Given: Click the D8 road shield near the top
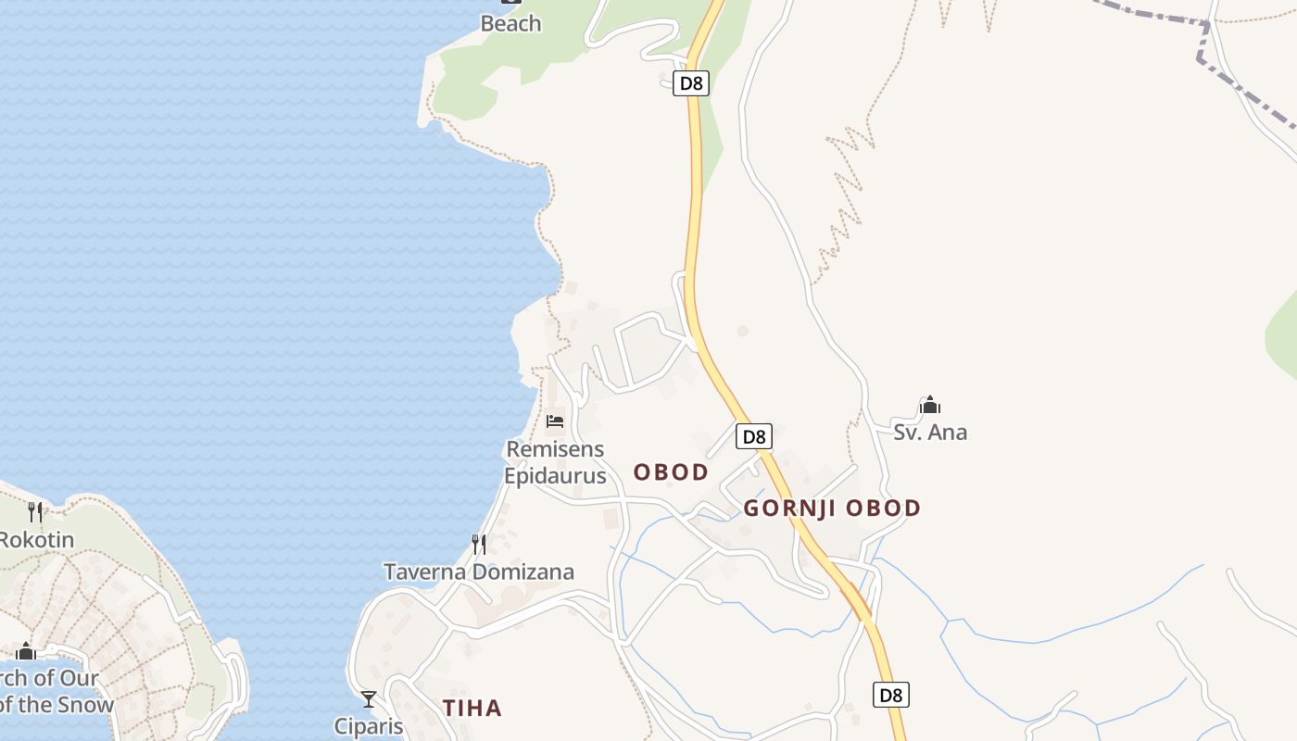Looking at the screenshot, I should click(x=691, y=83).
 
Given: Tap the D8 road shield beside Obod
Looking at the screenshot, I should click(x=754, y=436).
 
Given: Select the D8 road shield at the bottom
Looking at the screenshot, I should click(x=890, y=695).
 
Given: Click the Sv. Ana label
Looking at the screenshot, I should click(x=930, y=432).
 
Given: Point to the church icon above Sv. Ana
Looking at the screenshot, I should click(x=930, y=405).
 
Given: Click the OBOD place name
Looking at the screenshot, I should click(x=671, y=472).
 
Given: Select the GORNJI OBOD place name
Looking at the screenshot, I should click(x=832, y=508).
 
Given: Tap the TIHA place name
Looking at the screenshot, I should click(x=472, y=709).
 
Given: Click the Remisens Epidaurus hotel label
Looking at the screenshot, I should click(x=555, y=462).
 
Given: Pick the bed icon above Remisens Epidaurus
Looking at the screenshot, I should click(x=555, y=421).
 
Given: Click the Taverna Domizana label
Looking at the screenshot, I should click(x=479, y=571).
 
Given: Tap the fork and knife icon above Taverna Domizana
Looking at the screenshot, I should click(x=479, y=544).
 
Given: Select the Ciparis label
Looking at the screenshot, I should click(x=369, y=725).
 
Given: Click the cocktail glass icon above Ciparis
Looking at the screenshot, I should click(x=369, y=698).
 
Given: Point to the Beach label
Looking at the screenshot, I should click(x=510, y=23).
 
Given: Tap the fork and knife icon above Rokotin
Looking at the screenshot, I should click(x=35, y=511).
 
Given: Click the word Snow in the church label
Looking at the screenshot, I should click(x=84, y=704).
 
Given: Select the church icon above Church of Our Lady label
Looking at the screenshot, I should click(x=25, y=651).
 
